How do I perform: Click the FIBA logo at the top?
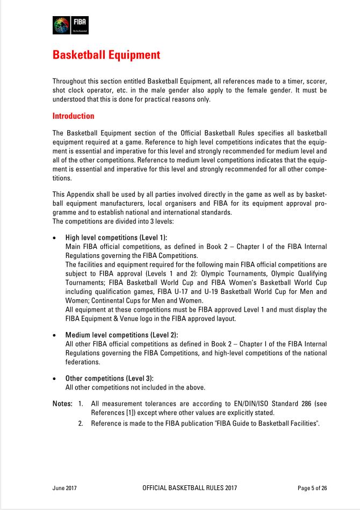click(70, 25)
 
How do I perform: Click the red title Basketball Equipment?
click(106, 55)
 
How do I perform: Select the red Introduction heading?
click(73, 116)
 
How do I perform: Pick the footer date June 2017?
click(65, 488)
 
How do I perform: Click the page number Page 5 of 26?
click(312, 488)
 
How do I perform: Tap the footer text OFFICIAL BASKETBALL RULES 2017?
click(190, 488)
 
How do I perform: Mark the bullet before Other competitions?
click(55, 379)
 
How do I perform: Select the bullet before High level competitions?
click(55, 238)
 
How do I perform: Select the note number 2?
click(80, 423)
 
